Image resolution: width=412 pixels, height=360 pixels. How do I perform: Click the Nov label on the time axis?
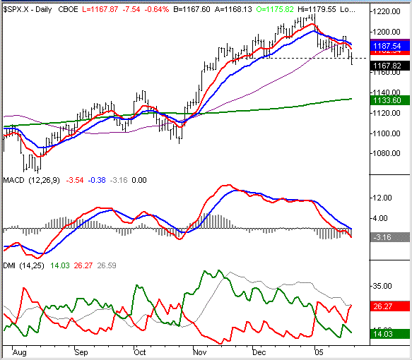[201, 351]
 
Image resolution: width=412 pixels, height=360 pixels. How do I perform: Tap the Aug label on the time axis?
[19, 351]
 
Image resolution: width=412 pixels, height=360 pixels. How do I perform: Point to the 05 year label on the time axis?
[319, 351]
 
